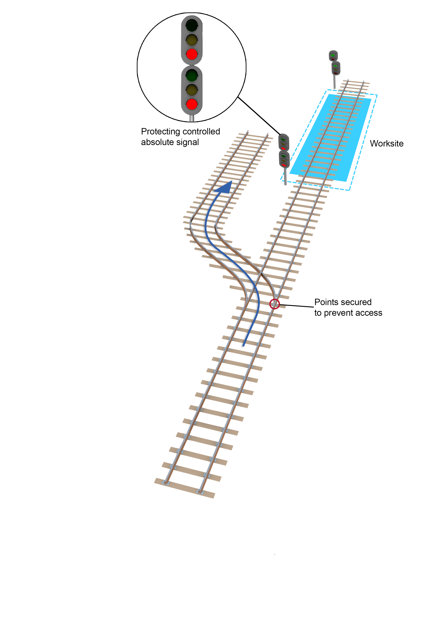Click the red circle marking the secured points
[274, 304]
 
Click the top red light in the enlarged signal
[192, 54]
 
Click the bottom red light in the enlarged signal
[192, 104]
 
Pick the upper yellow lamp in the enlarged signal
[192, 40]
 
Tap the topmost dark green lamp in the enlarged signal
[192, 26]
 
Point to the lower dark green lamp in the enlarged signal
[192, 76]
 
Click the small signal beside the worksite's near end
[284, 151]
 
